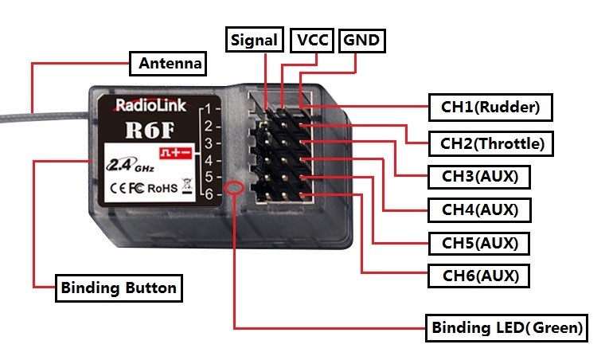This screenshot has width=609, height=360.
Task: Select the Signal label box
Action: click(x=255, y=40)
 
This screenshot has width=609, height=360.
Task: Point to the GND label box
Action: click(x=361, y=40)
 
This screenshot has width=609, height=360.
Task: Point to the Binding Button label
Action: click(x=119, y=288)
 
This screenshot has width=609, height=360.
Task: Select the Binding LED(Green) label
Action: click(x=506, y=327)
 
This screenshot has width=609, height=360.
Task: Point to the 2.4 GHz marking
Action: click(x=123, y=166)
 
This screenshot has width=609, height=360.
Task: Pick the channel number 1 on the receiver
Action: click(x=208, y=108)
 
